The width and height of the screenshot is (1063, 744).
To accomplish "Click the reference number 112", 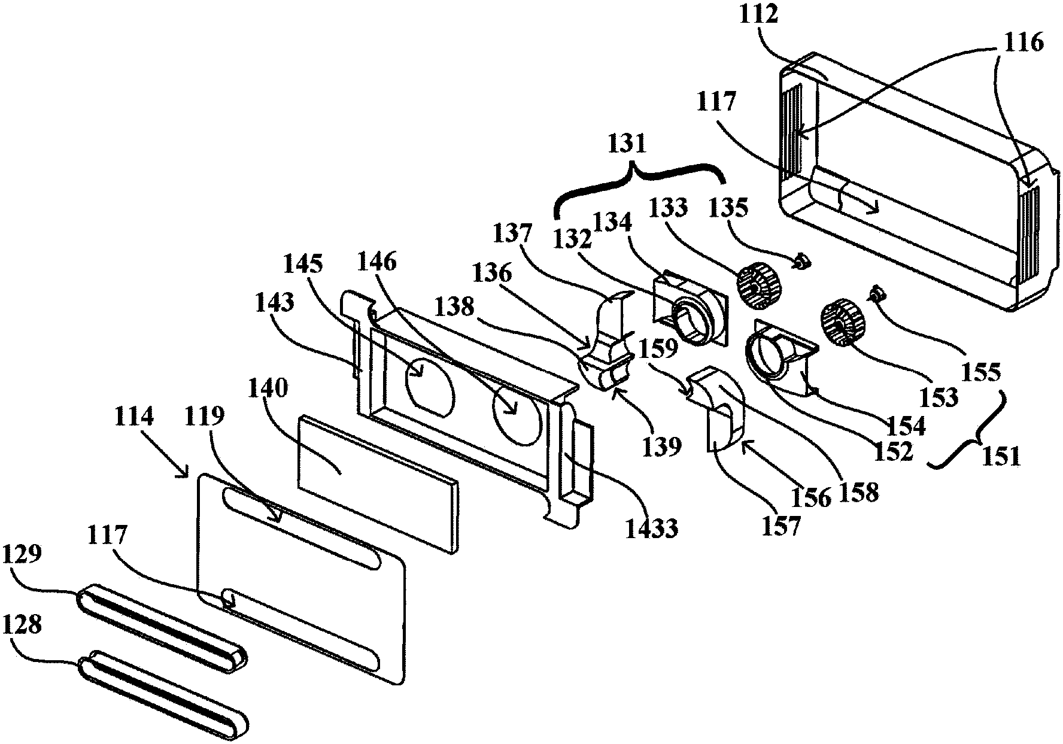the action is (x=759, y=14).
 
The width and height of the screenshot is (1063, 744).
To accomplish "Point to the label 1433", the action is (x=652, y=529).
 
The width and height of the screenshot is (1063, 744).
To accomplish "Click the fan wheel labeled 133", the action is (x=755, y=289).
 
